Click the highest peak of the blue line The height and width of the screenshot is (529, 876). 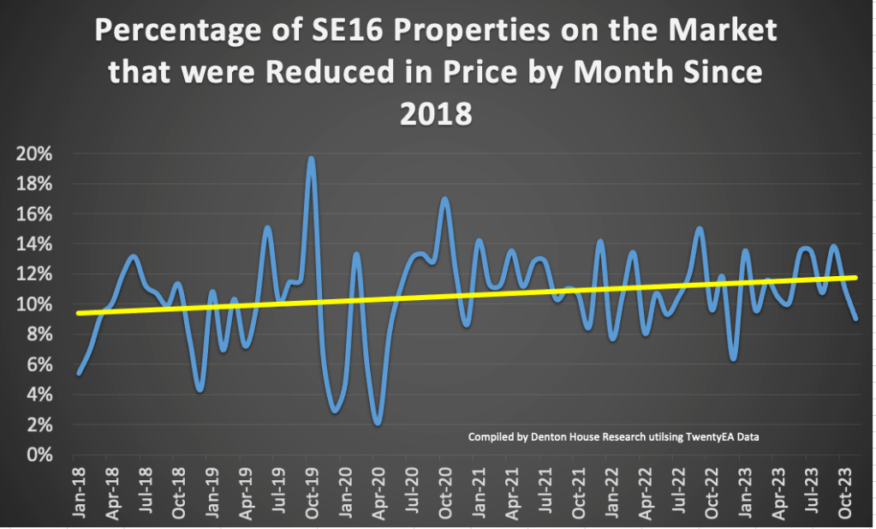coord(311,158)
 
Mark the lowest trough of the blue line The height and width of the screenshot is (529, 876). coord(377,424)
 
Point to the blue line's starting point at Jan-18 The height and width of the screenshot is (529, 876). coord(78,373)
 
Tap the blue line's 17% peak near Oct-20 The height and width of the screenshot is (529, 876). coord(444,199)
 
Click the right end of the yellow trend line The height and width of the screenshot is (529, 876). coord(856,277)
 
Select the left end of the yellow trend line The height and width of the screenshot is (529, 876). coord(77,313)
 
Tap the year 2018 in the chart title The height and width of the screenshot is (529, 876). coord(437,112)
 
